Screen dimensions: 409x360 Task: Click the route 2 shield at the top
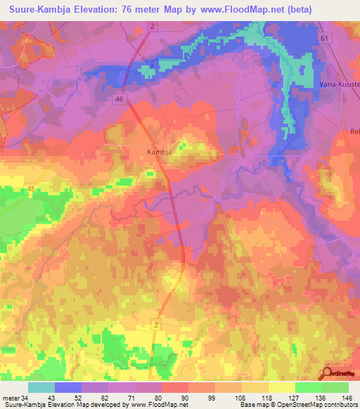[x=151, y=26]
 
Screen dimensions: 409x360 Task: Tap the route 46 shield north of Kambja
[x=120, y=100]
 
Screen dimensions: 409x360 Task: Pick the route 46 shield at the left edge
[x=31, y=190]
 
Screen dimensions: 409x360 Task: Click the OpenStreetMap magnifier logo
[x=328, y=373]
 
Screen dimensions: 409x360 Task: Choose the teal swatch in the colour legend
[x=41, y=387]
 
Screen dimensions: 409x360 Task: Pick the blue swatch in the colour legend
[x=68, y=387]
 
